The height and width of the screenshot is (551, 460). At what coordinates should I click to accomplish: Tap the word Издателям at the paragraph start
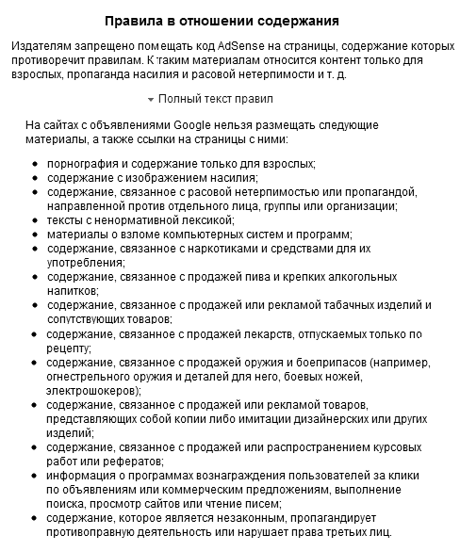click(41, 45)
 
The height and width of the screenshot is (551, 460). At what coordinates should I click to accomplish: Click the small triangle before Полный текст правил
click(151, 99)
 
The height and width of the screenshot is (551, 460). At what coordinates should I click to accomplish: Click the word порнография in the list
click(82, 164)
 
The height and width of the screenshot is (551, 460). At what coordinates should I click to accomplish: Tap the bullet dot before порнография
click(35, 164)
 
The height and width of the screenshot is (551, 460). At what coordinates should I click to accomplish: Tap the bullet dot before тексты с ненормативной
click(35, 219)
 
